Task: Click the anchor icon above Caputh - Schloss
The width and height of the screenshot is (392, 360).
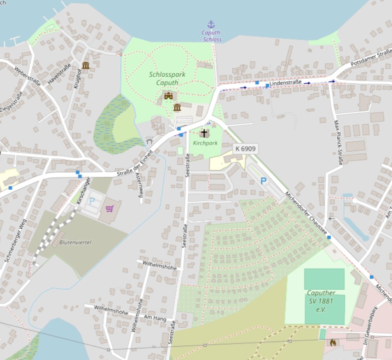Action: tap(211, 24)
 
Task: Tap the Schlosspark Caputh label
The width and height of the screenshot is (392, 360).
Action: tap(163, 78)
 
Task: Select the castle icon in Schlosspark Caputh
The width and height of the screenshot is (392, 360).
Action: tap(168, 95)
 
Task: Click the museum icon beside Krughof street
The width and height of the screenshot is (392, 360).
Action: tap(86, 65)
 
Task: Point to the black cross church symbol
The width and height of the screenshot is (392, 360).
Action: tap(204, 133)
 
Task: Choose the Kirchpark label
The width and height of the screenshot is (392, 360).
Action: tap(205, 143)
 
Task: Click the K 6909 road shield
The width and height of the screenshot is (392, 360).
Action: tap(245, 149)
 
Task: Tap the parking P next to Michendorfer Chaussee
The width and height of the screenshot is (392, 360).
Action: tap(264, 181)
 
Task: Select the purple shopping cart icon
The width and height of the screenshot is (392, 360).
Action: tap(110, 209)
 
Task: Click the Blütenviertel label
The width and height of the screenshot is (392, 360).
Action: tap(75, 242)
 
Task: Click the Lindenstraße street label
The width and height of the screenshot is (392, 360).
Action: tap(285, 82)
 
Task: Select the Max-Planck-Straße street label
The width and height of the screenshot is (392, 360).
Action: tap(338, 142)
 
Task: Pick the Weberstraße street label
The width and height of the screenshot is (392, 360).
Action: tap(27, 77)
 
